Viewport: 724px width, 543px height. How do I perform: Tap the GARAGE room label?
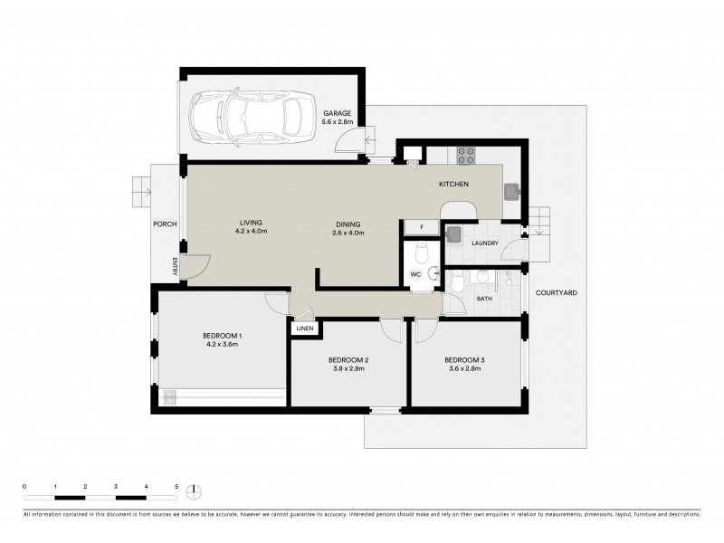[x=338, y=113]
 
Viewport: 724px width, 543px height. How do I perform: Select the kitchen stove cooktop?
[x=466, y=156]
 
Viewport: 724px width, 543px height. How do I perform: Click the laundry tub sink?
[x=454, y=234]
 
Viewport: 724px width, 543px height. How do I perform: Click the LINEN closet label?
[x=304, y=329]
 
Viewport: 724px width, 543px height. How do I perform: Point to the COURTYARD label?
[x=556, y=293]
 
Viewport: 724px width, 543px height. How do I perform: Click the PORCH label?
[x=166, y=224]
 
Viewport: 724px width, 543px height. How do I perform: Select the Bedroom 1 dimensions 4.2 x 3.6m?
[x=222, y=345]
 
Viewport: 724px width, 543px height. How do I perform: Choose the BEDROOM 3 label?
[x=464, y=361]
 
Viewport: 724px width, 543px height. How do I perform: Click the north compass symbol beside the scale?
[x=194, y=492]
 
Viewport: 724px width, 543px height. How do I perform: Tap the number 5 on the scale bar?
[x=176, y=487]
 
